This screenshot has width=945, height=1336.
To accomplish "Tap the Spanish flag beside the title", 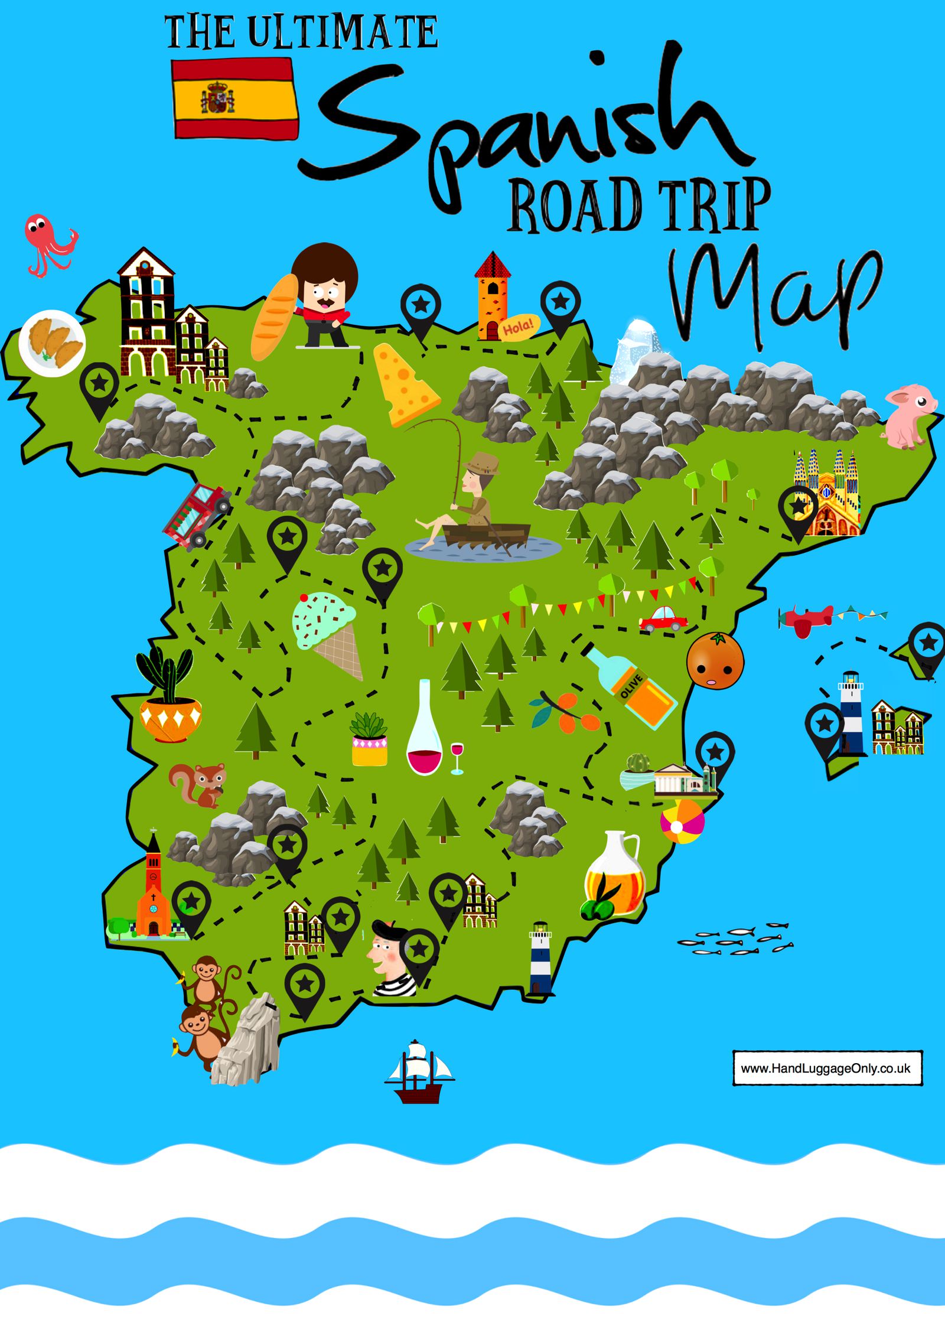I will coord(235,98).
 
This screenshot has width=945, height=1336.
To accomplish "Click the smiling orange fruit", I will coord(715,660).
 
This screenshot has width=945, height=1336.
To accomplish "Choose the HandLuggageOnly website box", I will coord(827,1068).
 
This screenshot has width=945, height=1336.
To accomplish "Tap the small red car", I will coord(663,618).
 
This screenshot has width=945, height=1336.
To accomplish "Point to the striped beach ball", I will coord(683,820).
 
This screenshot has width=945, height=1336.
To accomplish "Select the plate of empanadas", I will coord(52,343).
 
